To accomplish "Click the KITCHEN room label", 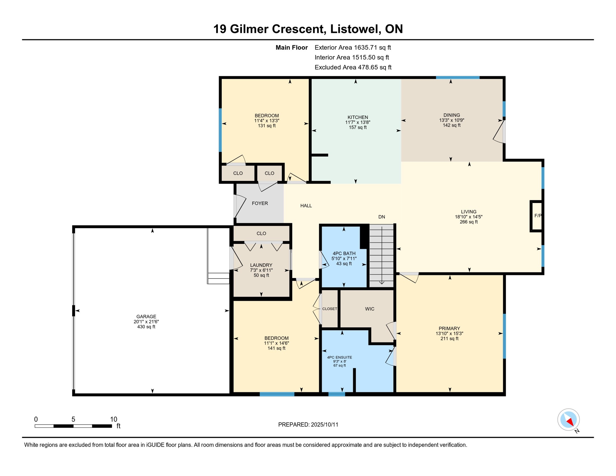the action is tap(358, 117).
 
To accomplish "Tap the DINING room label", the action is tap(451, 115).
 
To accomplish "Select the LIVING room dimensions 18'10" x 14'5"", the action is tap(469, 217).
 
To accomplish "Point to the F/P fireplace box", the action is tap(537, 216).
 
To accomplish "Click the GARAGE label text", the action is tap(146, 316).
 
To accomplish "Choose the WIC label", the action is tap(370, 309).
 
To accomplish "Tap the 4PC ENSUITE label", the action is tap(340, 357).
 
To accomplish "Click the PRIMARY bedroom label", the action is tap(449, 328).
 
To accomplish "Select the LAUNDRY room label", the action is tap(261, 265).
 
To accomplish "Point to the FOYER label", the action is tap(260, 203).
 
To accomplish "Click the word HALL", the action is tap(306, 205).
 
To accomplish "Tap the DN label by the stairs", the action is tap(382, 217).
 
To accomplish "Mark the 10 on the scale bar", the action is tap(114, 419).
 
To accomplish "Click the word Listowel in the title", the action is tap(355, 29).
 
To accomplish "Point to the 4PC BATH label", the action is tap(344, 253).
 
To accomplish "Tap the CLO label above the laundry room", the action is tap(261, 233).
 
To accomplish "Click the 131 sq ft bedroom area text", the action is tap(267, 126).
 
